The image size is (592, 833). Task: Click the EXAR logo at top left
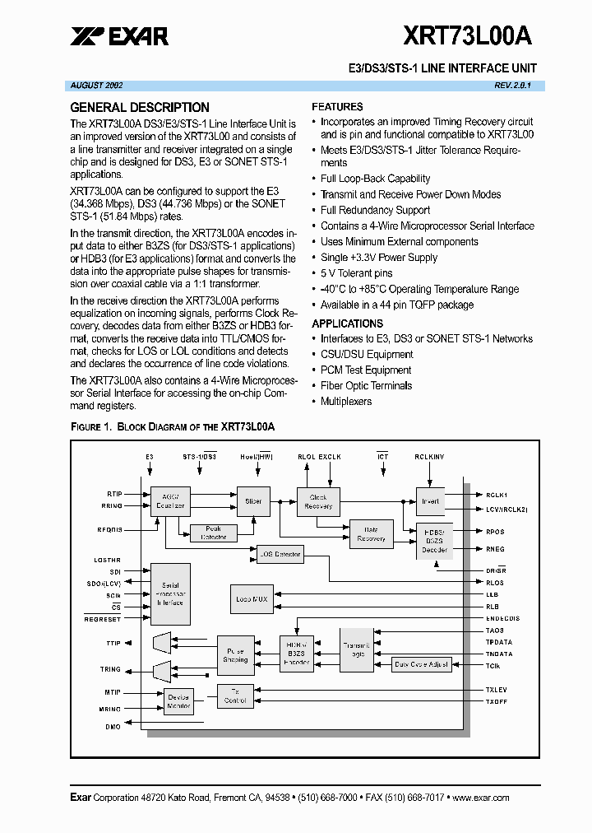tap(119, 35)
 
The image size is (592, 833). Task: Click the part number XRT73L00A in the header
tap(466, 35)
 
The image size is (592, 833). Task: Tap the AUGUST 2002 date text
tap(97, 85)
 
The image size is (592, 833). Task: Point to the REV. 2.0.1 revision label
tap(513, 85)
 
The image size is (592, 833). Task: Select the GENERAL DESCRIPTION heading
tap(140, 107)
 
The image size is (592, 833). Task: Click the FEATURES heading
tap(337, 107)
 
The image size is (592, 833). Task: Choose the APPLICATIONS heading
tap(348, 323)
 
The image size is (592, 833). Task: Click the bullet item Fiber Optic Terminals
tap(366, 386)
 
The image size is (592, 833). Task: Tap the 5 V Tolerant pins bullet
tap(356, 273)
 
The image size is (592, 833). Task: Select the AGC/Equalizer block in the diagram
tap(171, 501)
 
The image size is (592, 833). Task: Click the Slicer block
tap(253, 501)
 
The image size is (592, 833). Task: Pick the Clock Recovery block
tap(318, 501)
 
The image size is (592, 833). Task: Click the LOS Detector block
tap(280, 555)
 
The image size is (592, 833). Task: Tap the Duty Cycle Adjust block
tap(422, 664)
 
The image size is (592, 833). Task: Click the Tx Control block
tap(235, 696)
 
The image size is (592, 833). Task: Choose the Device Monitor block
tap(178, 701)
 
